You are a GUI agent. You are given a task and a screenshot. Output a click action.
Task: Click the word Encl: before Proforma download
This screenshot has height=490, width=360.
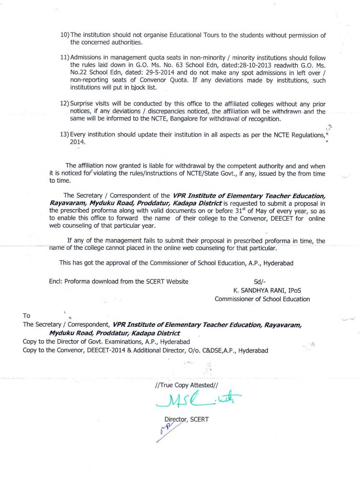[x=56, y=282]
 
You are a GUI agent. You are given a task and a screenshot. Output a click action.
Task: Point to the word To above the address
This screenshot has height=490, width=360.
[x=27, y=316]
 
